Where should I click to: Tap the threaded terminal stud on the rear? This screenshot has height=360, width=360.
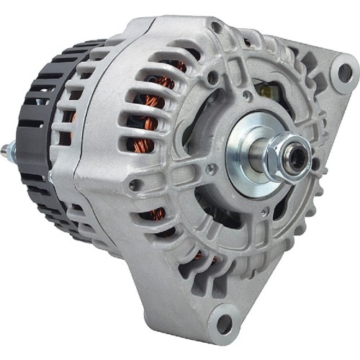7,152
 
